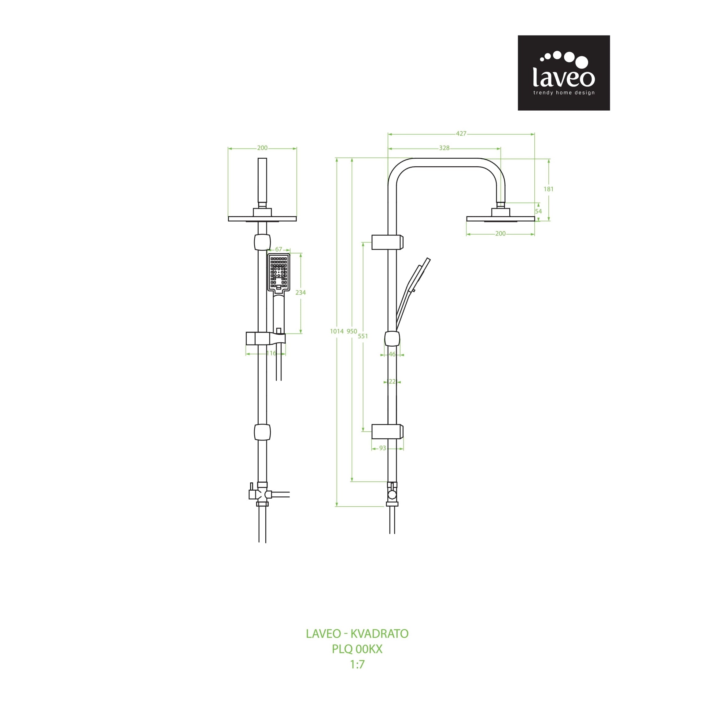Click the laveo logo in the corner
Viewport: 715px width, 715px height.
pos(564,73)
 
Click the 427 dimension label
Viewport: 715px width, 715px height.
pos(461,134)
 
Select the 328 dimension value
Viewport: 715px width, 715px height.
pos(444,148)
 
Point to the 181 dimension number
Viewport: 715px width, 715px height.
pos(548,189)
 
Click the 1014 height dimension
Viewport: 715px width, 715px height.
pos(337,332)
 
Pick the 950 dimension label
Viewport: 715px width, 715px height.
pos(352,332)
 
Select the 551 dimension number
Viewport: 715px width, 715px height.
pos(363,336)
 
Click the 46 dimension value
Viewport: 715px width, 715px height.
pos(392,355)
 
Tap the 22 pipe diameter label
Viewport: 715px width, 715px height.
pos(392,381)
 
